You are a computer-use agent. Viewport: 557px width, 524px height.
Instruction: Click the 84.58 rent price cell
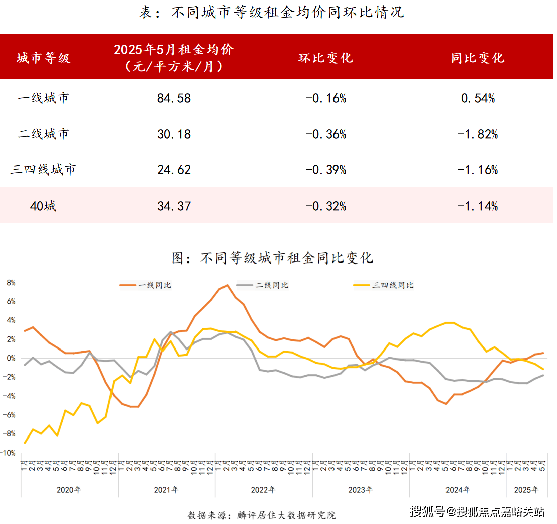pos(174,98)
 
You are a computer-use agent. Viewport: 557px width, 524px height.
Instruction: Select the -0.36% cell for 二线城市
pos(326,134)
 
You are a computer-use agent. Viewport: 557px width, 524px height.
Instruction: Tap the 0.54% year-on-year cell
pos(478,98)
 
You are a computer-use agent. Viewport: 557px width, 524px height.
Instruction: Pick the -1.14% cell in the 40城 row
pos(478,206)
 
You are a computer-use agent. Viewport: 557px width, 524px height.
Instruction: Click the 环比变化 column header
pos(326,58)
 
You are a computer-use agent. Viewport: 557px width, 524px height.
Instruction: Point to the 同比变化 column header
pos(478,58)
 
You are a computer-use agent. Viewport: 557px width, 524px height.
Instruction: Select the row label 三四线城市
pos(43,170)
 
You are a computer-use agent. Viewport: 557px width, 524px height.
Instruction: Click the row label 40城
pos(43,206)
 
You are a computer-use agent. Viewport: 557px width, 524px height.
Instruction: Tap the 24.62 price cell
pos(174,170)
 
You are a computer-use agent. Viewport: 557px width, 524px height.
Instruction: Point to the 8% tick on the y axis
pos(12,283)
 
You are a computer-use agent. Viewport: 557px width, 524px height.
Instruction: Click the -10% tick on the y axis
pos(10,453)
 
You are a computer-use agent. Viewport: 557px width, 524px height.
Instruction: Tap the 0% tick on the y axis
pos(12,359)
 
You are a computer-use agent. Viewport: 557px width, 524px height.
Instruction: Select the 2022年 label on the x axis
pos(263,490)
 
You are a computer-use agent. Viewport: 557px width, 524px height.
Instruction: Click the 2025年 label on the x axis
pos(527,490)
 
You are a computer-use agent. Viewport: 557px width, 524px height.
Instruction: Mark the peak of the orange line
pos(227,285)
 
